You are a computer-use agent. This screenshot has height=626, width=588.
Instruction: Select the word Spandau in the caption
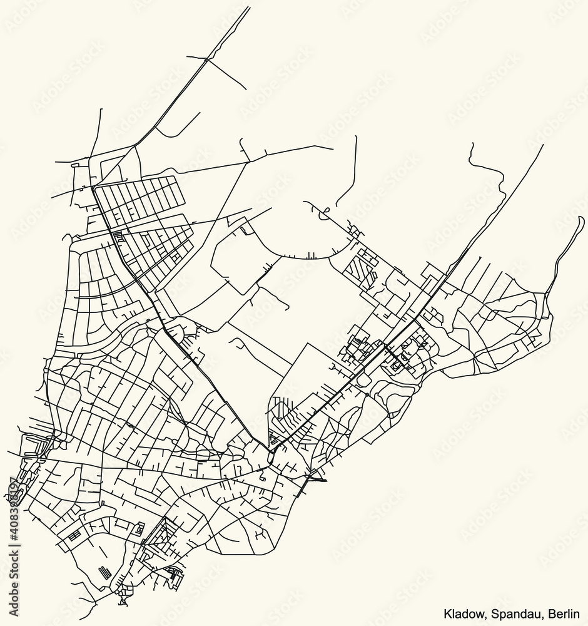pyautogui.click(x=508, y=613)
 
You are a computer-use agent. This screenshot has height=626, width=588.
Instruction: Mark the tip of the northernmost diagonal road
pyautogui.click(x=249, y=8)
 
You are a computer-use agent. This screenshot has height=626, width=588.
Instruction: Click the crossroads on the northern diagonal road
pyautogui.click(x=206, y=59)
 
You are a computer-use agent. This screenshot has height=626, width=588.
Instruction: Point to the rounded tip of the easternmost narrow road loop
pyautogui.click(x=582, y=218)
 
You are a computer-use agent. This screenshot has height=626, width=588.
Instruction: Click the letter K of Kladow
pyautogui.click(x=447, y=613)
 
